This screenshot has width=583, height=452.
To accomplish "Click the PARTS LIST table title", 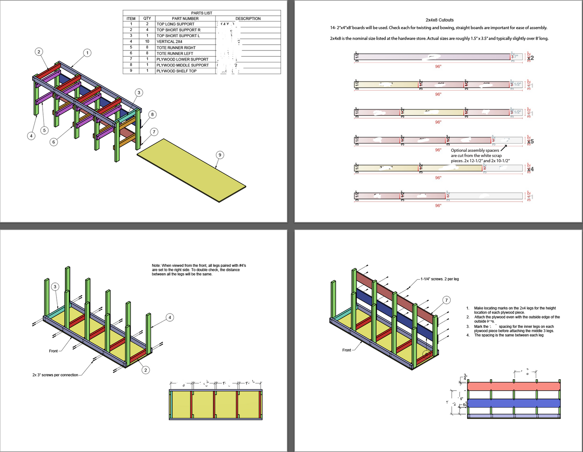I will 201,13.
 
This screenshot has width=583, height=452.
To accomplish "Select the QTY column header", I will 147,19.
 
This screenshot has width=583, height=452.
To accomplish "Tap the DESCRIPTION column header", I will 248,19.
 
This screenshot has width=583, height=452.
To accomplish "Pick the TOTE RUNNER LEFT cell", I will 175,53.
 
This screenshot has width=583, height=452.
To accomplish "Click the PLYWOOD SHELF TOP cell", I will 176,71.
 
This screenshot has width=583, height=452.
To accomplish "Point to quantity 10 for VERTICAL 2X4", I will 147,42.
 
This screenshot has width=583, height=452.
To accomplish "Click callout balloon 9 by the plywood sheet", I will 219,155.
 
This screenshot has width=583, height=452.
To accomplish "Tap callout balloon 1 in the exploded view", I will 87,53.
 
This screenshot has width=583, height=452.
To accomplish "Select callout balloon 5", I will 44,130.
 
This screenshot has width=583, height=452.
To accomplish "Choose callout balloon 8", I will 152,115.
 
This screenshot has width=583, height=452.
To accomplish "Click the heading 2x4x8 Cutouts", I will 439,20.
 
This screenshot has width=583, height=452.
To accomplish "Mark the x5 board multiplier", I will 530,141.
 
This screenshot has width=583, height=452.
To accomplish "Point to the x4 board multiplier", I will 530,169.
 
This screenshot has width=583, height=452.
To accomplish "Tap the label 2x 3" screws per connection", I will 55,375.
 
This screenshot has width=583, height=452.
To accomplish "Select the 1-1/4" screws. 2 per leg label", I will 439,279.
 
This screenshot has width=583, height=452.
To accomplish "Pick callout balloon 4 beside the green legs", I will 170,318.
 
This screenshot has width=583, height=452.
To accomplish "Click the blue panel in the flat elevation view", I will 514,403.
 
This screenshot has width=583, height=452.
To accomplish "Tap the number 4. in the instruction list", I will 468,335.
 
